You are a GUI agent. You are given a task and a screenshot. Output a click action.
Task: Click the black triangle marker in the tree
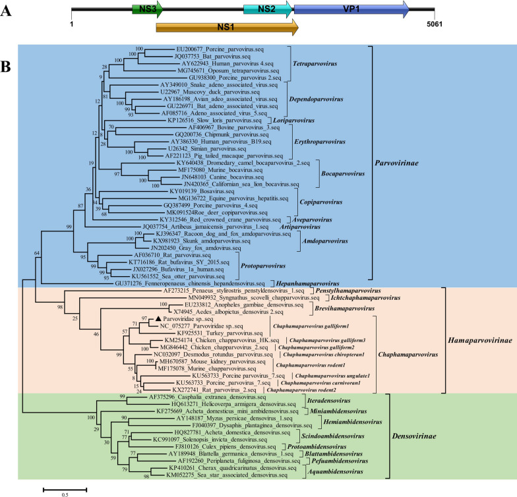click(x=150, y=318)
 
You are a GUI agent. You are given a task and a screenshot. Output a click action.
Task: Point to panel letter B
click(x=6, y=67)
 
